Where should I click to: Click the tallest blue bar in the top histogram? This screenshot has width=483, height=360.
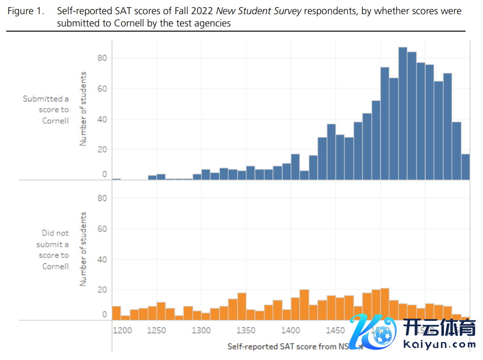402,113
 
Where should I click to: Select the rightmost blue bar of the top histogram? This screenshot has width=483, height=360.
466,167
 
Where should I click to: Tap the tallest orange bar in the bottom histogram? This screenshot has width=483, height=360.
385,304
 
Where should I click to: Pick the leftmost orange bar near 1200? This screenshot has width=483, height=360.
116,313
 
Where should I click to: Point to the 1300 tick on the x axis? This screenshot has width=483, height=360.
201,330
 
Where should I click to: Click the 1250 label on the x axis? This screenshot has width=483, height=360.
157,330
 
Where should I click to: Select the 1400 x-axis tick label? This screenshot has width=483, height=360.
291,330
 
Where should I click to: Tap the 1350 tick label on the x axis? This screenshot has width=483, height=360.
246,330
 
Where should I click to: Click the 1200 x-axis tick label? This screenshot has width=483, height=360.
122,330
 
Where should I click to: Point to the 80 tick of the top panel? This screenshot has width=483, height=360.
102,58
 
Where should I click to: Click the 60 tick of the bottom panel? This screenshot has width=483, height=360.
102,229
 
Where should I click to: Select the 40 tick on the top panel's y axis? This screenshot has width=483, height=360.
102,119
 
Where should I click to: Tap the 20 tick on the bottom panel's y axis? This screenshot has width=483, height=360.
102,290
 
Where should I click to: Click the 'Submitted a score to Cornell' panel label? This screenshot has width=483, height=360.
46,109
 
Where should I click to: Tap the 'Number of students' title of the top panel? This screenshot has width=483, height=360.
83,109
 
